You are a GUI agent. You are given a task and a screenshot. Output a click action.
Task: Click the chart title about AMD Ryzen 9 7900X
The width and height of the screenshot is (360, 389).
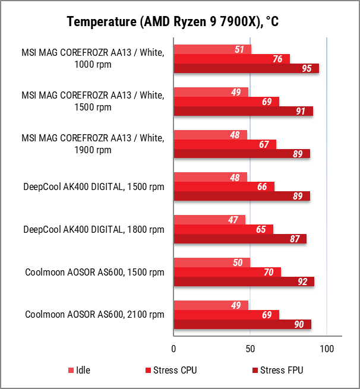coord(173,22)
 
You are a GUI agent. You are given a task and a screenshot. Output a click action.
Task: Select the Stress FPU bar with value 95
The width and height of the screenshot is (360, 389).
coord(246,68)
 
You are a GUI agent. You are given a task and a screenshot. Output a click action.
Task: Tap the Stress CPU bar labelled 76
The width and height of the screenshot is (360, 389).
coord(232,59)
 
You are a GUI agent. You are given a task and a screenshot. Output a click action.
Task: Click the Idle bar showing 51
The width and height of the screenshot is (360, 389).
coord(212,49)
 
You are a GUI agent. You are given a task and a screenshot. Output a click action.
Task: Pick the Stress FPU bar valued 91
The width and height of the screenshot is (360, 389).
coord(243,111)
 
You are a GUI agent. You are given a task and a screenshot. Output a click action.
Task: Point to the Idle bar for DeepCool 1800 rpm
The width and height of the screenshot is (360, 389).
coord(209,220)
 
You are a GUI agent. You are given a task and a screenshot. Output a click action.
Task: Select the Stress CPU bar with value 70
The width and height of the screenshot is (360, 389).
coord(227,272)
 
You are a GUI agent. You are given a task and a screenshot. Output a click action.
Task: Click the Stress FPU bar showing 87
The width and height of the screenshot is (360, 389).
coord(240,239)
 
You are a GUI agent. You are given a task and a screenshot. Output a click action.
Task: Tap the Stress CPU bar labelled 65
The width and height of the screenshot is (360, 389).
coord(223,229)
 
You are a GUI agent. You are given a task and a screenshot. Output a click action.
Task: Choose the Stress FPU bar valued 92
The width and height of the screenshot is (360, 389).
coord(244,282)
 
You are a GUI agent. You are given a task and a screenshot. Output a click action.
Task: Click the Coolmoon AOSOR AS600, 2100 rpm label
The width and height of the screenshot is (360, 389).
coord(94,315)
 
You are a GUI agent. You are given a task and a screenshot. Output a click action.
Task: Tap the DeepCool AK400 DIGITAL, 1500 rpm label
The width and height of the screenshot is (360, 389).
coord(94,187)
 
